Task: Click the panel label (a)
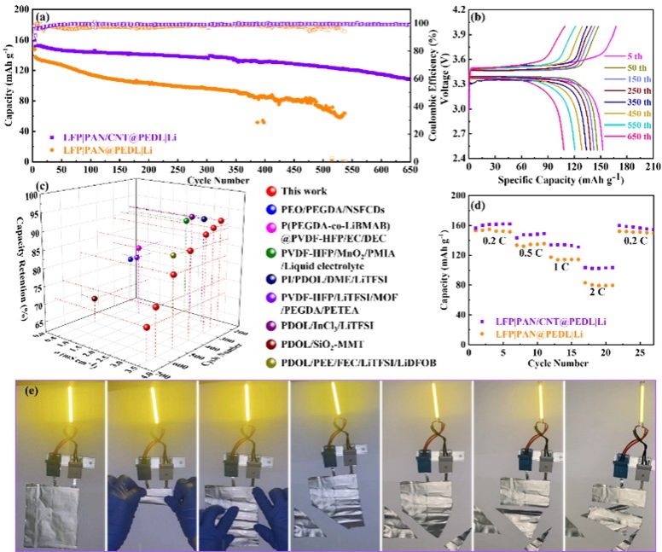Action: coord(40,15)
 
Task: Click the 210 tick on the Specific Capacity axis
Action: coord(653,167)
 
